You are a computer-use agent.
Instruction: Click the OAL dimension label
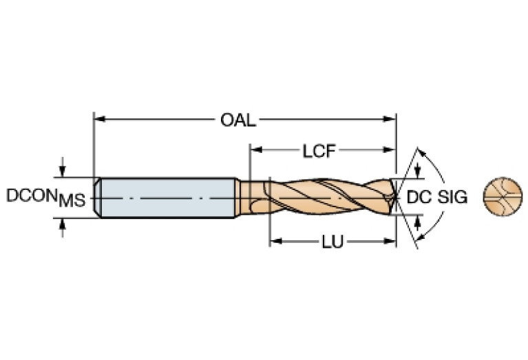pos(238,120)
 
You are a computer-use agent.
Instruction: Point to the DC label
pos(419,197)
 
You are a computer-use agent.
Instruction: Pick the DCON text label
pos(32,195)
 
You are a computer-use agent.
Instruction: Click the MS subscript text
pos(71,201)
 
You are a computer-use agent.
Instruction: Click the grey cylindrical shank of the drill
pos(165,198)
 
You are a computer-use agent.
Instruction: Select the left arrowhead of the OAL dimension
pos(98,119)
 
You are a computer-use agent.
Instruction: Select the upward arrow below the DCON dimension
pos(63,224)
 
